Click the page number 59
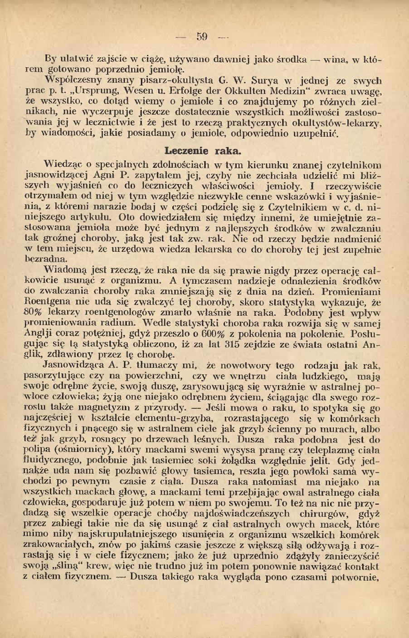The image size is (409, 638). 202,36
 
